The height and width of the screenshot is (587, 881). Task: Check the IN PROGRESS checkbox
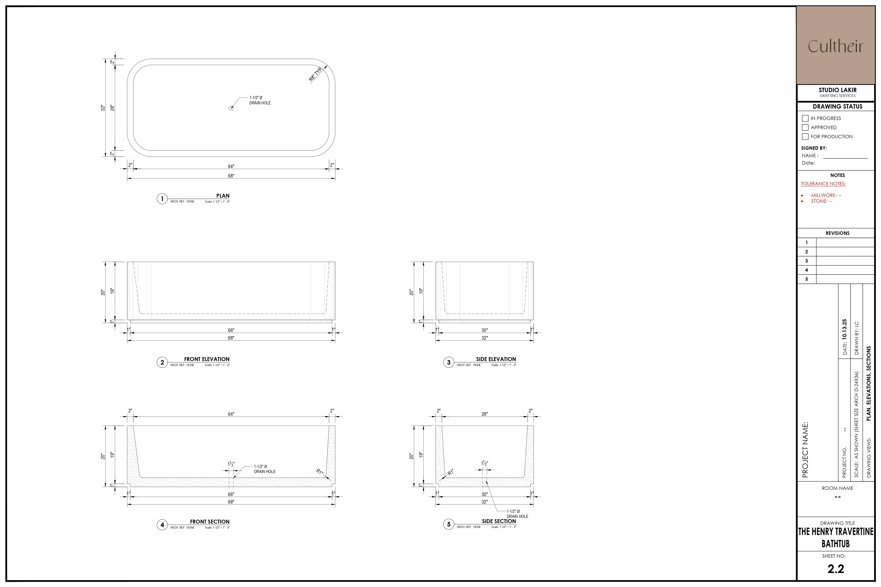click(805, 118)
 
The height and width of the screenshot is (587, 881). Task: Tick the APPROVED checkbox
click(805, 127)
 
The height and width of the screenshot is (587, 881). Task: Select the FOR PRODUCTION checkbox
click(805, 137)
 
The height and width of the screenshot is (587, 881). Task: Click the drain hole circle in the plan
click(231, 108)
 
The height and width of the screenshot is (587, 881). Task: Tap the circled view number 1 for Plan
click(162, 199)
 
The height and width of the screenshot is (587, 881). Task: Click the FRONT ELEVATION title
click(207, 359)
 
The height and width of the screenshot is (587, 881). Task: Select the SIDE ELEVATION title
click(496, 359)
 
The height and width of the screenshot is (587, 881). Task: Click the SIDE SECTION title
click(499, 521)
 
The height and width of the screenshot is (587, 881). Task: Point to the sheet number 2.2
click(836, 569)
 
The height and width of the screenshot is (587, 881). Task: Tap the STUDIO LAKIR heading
click(838, 90)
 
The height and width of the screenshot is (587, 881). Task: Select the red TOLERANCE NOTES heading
click(823, 184)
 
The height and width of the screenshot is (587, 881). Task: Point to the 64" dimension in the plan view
click(231, 166)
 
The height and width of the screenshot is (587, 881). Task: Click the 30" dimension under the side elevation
click(485, 330)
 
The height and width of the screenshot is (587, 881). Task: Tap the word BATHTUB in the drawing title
click(836, 544)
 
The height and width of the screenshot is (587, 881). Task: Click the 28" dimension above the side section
click(485, 414)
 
